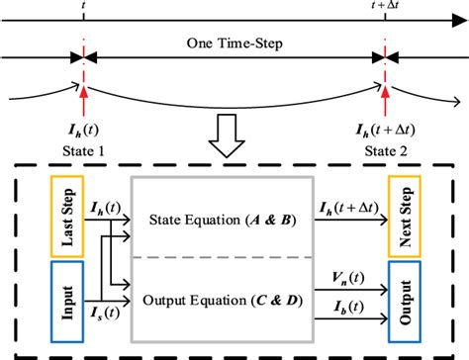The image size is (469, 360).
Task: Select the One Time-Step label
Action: (x=233, y=45)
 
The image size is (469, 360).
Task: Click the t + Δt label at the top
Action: (x=383, y=8)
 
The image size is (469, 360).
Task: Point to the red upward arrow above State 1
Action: (x=86, y=99)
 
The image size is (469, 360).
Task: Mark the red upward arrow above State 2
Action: (x=383, y=99)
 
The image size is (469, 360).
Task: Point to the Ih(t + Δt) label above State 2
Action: (x=383, y=132)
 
